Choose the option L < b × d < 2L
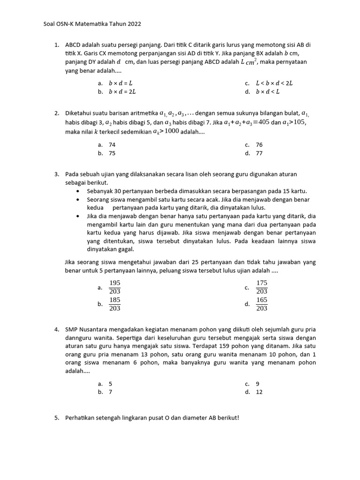click(274, 83)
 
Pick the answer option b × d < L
click(268, 92)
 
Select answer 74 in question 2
click(112, 145)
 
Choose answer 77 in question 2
click(259, 153)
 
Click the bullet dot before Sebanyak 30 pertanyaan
click(78, 191)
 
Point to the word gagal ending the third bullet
click(126, 249)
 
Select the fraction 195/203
click(115, 287)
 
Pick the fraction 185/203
click(115, 304)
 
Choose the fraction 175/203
click(262, 287)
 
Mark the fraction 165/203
click(262, 304)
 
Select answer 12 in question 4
click(259, 392)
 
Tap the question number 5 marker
click(56, 418)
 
